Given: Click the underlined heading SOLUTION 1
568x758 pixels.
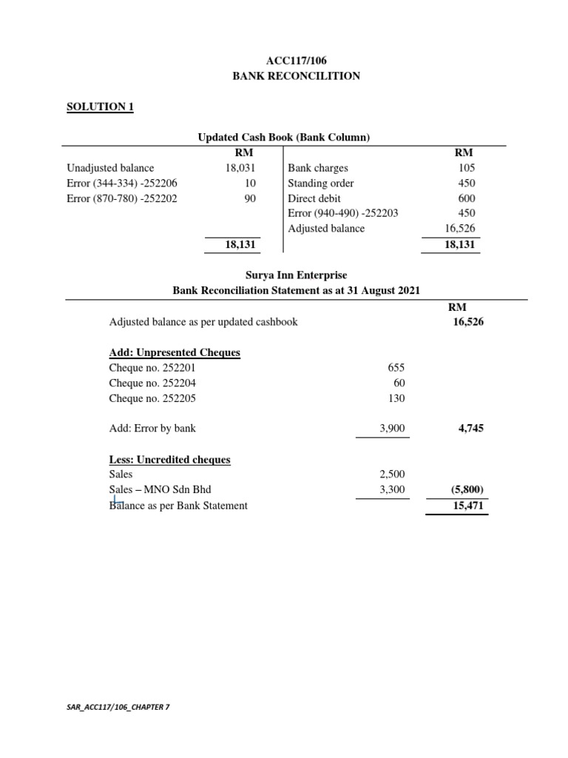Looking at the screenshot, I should pyautogui.click(x=100, y=107).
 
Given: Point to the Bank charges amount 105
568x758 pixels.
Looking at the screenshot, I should pyautogui.click(x=466, y=168).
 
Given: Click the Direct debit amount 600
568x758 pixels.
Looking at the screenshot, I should pyautogui.click(x=466, y=198).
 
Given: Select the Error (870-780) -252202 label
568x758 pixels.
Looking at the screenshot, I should pyautogui.click(x=122, y=198).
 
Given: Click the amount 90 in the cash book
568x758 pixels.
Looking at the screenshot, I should pyautogui.click(x=249, y=198).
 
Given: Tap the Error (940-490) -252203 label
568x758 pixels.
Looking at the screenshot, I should pyautogui.click(x=343, y=213).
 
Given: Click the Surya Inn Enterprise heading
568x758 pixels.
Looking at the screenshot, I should pyautogui.click(x=296, y=275).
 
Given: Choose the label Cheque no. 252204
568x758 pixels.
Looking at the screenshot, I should pyautogui.click(x=152, y=383).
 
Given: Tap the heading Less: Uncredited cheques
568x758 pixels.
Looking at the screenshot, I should pyautogui.click(x=169, y=460).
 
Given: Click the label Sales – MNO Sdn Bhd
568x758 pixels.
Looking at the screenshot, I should pyautogui.click(x=165, y=490).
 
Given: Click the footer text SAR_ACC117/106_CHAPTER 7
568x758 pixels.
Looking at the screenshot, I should pyautogui.click(x=118, y=708).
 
